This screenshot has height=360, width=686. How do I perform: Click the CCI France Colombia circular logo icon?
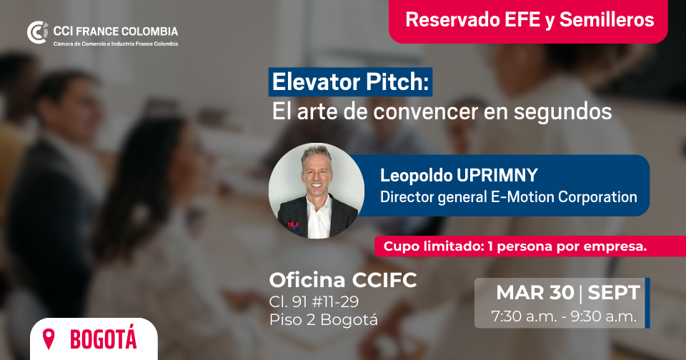click(x=38, y=32)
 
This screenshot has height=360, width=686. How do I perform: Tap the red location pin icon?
click(x=49, y=339)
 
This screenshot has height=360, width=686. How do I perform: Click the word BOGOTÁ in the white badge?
click(x=103, y=339)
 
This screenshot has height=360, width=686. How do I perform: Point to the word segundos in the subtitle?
click(x=562, y=111)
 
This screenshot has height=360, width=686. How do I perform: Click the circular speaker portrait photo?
click(x=317, y=191)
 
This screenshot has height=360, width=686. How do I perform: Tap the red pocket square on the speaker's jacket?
click(x=293, y=225)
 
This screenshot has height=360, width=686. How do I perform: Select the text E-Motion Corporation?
click(x=564, y=197)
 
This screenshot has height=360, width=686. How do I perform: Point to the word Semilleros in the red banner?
click(x=607, y=20)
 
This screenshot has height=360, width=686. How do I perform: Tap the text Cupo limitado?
click(x=433, y=246)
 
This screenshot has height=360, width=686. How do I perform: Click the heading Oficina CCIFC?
click(x=343, y=280)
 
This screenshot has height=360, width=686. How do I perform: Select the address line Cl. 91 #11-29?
click(x=314, y=301)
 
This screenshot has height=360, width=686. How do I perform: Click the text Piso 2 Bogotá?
click(x=323, y=320)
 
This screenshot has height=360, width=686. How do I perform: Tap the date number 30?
click(x=562, y=293)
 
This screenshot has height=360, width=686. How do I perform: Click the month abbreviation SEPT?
click(x=614, y=293)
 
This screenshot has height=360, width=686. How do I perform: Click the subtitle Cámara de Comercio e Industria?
click(x=86, y=44)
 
